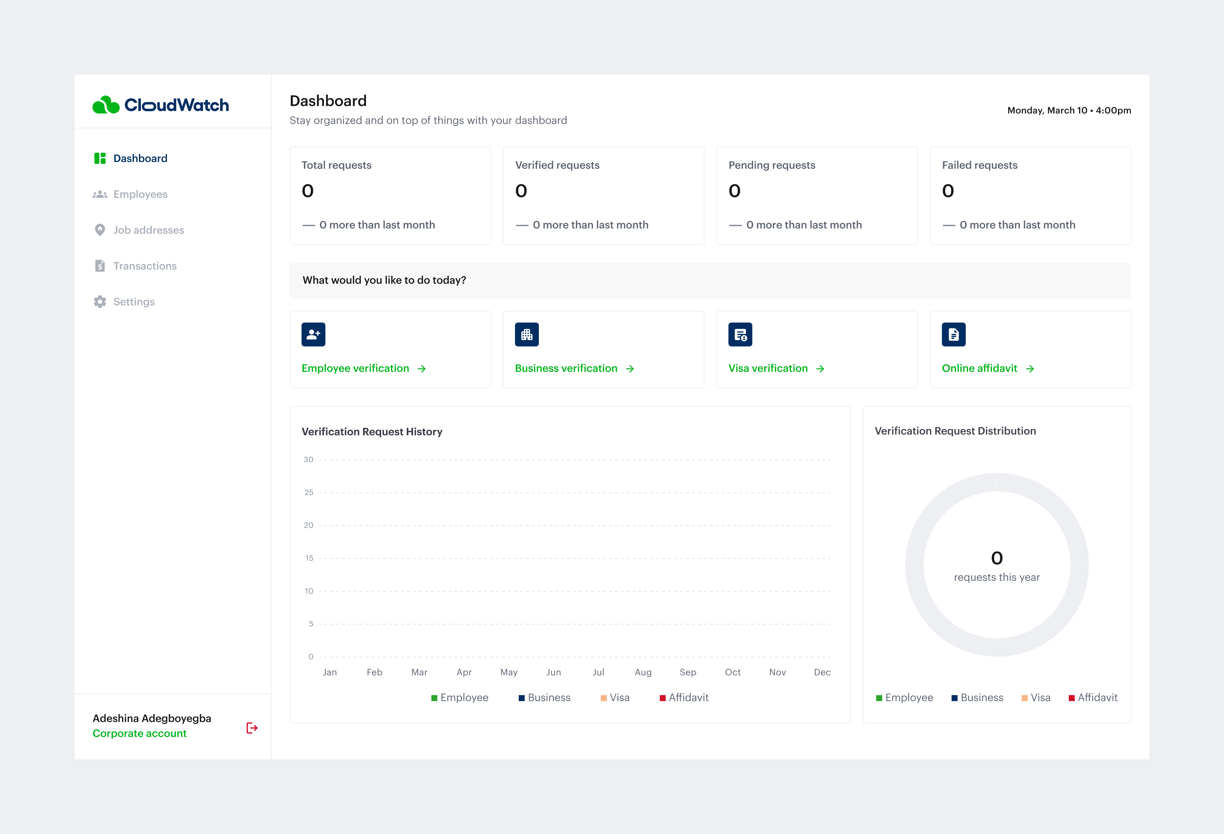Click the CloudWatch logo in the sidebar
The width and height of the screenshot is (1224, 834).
coord(161,105)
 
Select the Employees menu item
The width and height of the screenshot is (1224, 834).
coord(140,194)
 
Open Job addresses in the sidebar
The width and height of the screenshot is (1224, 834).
coord(149,230)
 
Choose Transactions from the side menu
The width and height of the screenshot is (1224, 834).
coord(145,266)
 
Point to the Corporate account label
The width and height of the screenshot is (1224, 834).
coord(140,733)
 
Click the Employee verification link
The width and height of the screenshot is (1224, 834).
coord(355,368)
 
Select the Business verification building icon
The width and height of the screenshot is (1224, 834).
coord(527,334)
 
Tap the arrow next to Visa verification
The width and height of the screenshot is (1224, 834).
coord(820,369)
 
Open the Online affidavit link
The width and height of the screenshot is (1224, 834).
coord(980,368)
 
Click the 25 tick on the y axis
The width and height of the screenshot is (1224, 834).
coord(309,493)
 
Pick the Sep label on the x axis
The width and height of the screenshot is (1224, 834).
coord(688,672)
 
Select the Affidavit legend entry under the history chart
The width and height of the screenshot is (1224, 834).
coord(688,698)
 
